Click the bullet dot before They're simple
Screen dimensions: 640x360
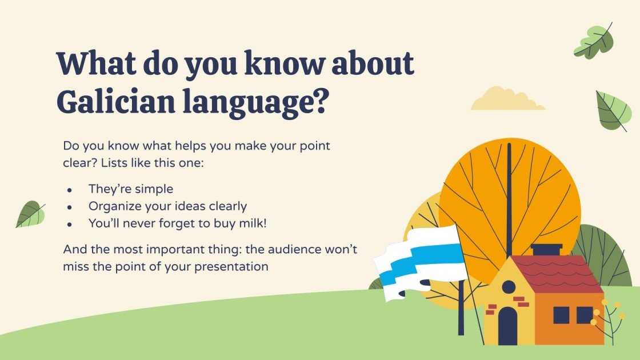point(70,190)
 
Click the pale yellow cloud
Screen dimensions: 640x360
point(507,99)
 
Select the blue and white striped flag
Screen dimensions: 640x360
point(421,261)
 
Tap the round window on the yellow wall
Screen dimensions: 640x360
point(509,287)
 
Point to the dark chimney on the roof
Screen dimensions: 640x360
point(546,250)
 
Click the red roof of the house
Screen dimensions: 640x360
point(557,274)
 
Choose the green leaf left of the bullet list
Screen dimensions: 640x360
point(31,214)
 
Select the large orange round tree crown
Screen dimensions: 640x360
point(510,204)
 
